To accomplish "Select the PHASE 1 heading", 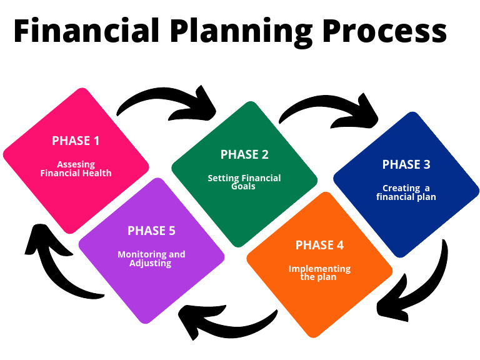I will click(x=76, y=141).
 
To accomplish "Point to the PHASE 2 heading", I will click(x=244, y=154).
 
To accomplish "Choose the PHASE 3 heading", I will click(x=406, y=165).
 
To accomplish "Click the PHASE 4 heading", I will click(x=319, y=245).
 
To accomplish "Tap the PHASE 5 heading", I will click(x=151, y=231).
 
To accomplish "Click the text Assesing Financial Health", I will click(x=76, y=169).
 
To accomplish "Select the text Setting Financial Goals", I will click(x=244, y=182).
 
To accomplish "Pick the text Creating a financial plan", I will click(x=406, y=192).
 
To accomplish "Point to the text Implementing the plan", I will click(x=319, y=272).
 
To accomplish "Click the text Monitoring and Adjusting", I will click(x=151, y=259).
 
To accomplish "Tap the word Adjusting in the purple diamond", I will click(x=151, y=263).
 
